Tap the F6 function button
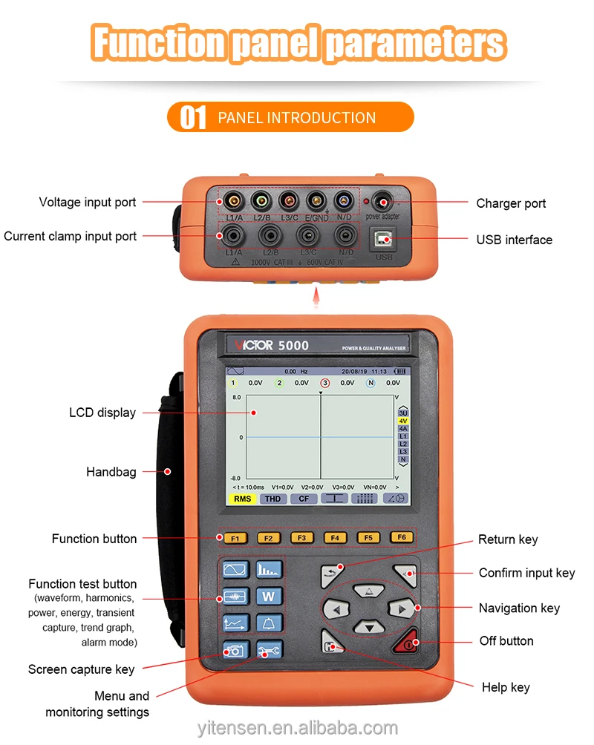tap(402, 537)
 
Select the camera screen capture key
tap(235, 651)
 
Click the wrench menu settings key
tap(269, 651)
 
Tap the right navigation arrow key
tap(402, 609)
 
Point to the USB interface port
tap(384, 239)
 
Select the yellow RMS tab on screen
tap(242, 499)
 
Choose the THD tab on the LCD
tap(273, 499)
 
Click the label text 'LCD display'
tap(102, 413)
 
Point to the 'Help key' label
tap(506, 687)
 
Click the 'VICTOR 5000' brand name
tap(272, 345)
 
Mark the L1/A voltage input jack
tap(233, 200)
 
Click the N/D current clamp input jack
tap(343, 235)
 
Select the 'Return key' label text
tap(508, 539)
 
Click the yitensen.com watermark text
tap(298, 728)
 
